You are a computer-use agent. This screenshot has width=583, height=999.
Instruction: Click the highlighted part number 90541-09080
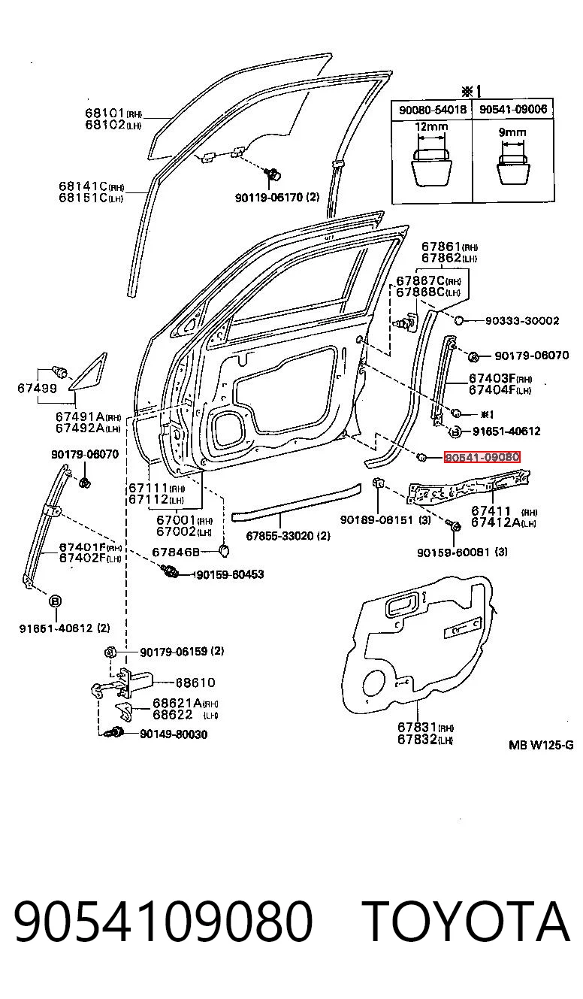coord(482,457)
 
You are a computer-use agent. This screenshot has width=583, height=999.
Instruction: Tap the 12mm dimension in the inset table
coord(431,127)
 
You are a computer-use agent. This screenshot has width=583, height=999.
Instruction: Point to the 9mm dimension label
coord(512,132)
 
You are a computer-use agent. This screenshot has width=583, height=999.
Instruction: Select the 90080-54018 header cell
coord(432,109)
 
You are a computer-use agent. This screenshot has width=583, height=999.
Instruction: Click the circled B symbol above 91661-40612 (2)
coord(55,601)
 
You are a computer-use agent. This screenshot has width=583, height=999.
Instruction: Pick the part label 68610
coord(195,683)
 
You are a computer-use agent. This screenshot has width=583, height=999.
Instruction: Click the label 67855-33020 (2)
coord(288,536)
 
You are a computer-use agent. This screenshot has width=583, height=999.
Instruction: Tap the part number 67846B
coord(176,552)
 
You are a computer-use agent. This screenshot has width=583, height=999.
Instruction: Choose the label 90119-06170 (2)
coord(277,197)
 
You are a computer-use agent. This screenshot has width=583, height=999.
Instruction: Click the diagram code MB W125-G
coord(541,745)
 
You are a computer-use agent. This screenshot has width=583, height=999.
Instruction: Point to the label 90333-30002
coord(522,321)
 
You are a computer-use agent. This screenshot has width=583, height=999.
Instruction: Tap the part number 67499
coord(37,388)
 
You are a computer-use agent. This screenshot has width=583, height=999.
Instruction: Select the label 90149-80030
coord(174,734)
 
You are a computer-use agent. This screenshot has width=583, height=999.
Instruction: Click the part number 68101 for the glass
coord(105,113)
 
